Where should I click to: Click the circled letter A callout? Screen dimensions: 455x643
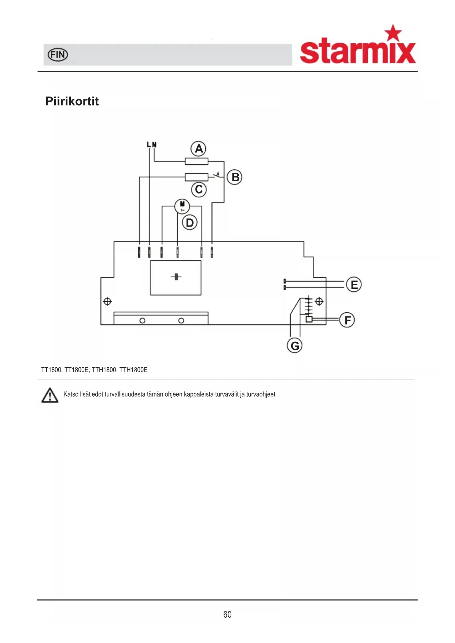pyautogui.click(x=198, y=148)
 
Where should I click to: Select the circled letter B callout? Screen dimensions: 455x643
pyautogui.click(x=235, y=177)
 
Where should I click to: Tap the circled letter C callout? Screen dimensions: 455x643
pyautogui.click(x=199, y=190)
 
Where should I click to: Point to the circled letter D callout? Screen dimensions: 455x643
pyautogui.click(x=190, y=223)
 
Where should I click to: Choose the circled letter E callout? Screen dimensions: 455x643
pyautogui.click(x=354, y=284)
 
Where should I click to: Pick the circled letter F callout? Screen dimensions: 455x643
pyautogui.click(x=347, y=320)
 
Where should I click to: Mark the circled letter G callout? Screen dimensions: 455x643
pyautogui.click(x=294, y=345)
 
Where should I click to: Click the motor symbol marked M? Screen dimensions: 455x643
pyautogui.click(x=182, y=206)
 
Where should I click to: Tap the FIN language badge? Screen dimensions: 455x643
pyautogui.click(x=58, y=55)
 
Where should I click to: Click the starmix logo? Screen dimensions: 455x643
pyautogui.click(x=358, y=45)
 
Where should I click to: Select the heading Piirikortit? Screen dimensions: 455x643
pyautogui.click(x=72, y=101)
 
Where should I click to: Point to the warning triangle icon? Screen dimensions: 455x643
pyautogui.click(x=50, y=395)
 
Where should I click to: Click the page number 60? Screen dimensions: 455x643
pyautogui.click(x=227, y=614)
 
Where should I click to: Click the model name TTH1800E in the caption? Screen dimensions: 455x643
pyautogui.click(x=133, y=370)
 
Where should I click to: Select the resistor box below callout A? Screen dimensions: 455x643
pyautogui.click(x=197, y=161)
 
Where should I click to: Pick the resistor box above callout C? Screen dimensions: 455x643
pyautogui.click(x=197, y=177)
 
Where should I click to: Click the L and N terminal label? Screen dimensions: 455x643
pyautogui.click(x=151, y=145)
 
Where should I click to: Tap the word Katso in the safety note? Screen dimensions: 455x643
pyautogui.click(x=71, y=394)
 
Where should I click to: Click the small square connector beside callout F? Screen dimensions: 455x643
pyautogui.click(x=309, y=319)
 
